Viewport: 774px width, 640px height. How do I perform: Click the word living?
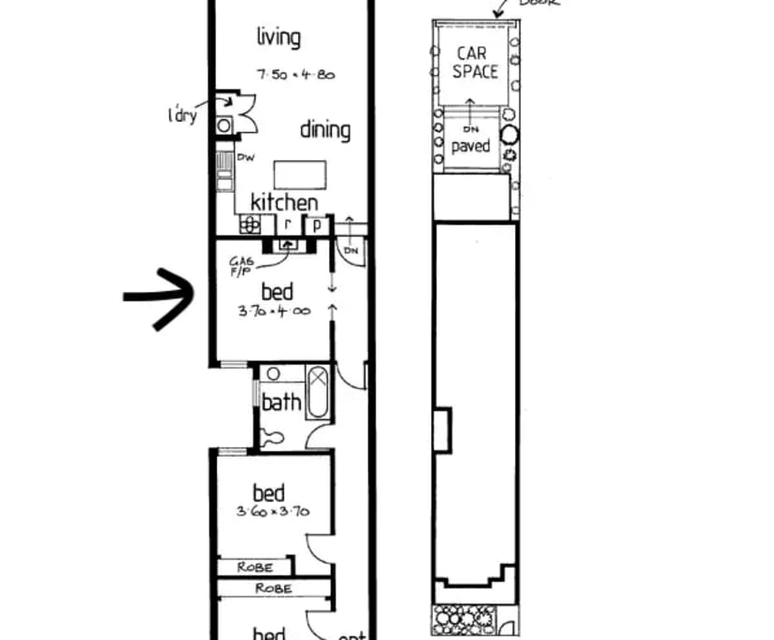pos(279,37)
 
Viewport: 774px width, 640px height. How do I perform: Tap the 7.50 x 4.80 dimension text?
pos(295,75)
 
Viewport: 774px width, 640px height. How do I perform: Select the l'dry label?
pos(181,117)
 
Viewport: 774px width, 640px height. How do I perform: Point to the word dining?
pos(324,130)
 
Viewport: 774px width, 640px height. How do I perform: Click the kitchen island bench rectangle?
pos(300,174)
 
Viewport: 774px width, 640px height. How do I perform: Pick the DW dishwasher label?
pos(247,157)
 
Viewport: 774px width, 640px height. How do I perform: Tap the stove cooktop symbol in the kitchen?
pos(251,224)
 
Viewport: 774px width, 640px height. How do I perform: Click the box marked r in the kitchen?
pos(289,225)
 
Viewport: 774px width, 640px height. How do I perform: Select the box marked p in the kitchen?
pos(317,225)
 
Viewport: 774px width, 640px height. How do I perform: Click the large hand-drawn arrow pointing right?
pos(158,298)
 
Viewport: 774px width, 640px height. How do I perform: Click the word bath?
pos(281,403)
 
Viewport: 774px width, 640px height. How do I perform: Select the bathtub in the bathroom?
pos(319,393)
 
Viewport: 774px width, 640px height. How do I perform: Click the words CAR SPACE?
pos(475,62)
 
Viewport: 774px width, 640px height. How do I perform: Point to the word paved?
pos(471,147)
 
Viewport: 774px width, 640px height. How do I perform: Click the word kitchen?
pos(284,202)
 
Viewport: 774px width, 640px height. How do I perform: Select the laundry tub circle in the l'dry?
pos(225,124)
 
